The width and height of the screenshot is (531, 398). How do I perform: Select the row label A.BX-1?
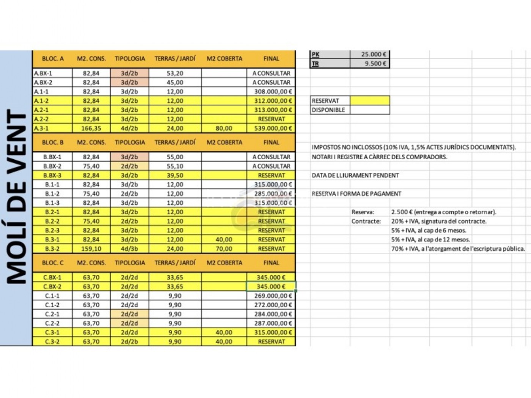click(x=43, y=73)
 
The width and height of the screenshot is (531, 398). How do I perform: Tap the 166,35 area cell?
click(x=91, y=128)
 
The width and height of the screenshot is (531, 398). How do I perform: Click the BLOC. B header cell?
click(x=53, y=142)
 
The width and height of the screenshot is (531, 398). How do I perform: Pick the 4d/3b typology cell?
click(x=129, y=249)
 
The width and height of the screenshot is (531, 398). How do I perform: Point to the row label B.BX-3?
click(x=52, y=175)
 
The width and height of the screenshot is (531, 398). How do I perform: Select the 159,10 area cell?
click(x=91, y=249)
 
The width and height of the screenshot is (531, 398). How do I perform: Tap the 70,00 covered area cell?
click(x=224, y=249)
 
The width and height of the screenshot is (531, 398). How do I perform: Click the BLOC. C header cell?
click(x=53, y=263)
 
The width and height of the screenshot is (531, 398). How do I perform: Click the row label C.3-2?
click(x=52, y=342)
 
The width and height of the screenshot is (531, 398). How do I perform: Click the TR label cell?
click(x=316, y=64)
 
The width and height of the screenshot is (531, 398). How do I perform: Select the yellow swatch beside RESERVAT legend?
click(x=370, y=100)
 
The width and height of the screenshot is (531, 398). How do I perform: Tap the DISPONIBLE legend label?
click(x=328, y=110)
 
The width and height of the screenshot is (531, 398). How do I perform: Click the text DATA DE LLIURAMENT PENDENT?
click(x=355, y=175)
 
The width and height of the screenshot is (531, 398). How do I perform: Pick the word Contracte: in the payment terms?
click(x=366, y=221)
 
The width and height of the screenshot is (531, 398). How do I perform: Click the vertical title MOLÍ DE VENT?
click(x=17, y=197)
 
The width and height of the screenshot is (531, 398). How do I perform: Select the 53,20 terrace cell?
click(x=175, y=73)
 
